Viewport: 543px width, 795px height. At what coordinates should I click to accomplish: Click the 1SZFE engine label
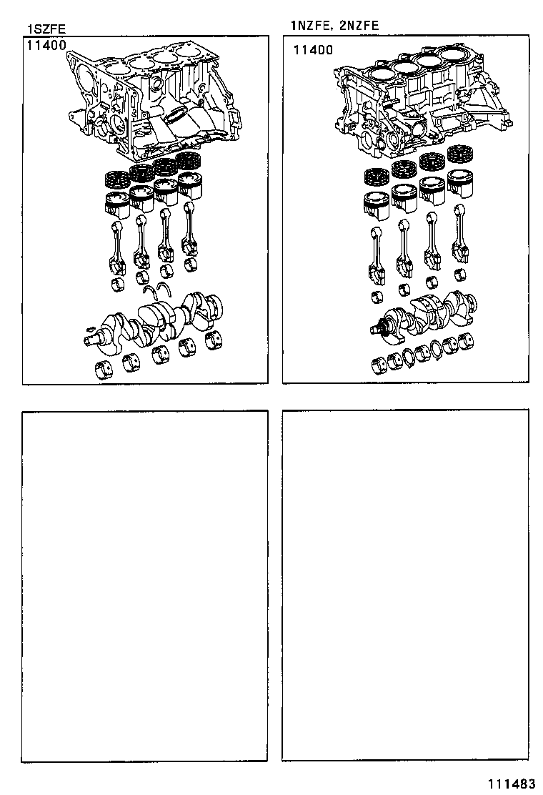click(x=46, y=29)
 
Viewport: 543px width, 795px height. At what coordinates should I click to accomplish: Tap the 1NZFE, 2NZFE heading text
click(x=334, y=26)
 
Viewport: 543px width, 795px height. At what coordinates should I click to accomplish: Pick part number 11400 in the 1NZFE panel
click(x=313, y=50)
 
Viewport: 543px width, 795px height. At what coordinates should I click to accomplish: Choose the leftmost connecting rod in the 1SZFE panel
click(x=118, y=247)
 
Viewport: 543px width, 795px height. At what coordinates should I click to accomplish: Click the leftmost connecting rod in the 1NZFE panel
click(x=377, y=254)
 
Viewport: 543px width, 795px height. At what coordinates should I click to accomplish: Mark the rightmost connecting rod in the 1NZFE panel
click(x=459, y=240)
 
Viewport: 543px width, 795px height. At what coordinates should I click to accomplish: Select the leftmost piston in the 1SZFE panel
click(x=116, y=203)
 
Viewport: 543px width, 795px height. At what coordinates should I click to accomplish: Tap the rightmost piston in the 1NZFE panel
click(x=460, y=183)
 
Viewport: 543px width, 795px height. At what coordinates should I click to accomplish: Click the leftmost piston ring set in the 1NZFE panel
click(x=377, y=175)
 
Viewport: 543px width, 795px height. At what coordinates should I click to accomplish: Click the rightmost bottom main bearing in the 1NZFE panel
click(x=466, y=341)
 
